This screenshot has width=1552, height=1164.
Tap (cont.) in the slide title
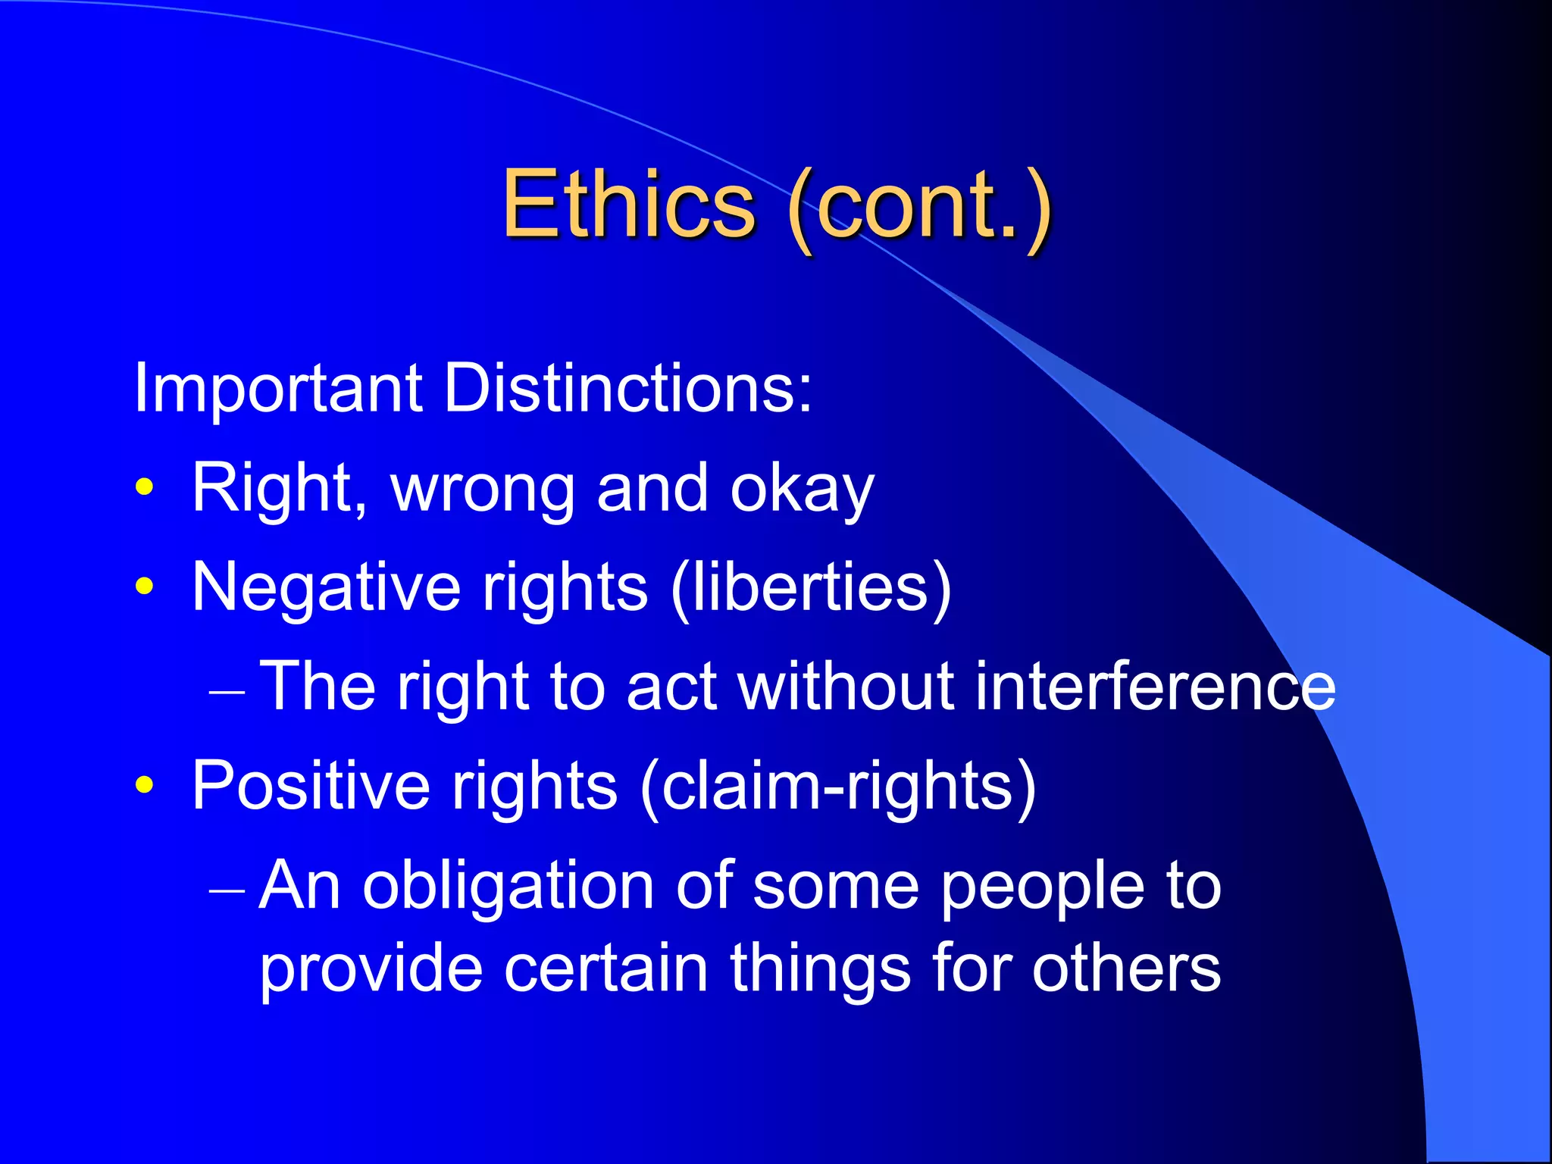point(919,206)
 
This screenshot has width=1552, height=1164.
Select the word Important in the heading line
point(277,389)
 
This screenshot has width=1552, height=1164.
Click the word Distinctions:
point(627,389)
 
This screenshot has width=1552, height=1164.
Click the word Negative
point(326,588)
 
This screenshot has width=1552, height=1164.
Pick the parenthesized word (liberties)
point(811,588)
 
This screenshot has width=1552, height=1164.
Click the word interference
point(1155,687)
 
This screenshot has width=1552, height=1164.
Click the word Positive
point(311,787)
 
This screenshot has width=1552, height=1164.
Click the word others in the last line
point(1126,969)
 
